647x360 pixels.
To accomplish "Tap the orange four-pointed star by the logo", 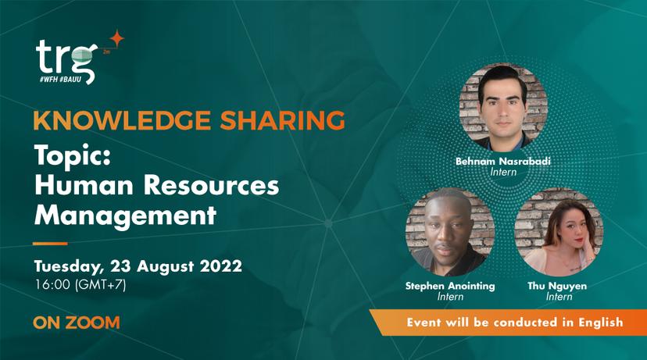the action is tap(116, 39).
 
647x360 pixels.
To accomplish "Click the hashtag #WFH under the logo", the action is tap(48, 79).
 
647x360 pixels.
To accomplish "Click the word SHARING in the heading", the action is tap(282, 120).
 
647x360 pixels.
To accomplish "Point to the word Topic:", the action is tap(73, 156).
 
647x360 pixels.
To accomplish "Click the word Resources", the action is tap(211, 185).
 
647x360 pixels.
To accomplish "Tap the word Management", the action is tap(126, 216).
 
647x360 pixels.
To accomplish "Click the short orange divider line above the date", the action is tap(50, 244).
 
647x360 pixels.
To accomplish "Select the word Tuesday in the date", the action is tap(68, 267).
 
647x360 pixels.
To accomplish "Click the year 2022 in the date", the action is tap(221, 266).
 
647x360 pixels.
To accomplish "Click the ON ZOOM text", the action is tap(77, 323).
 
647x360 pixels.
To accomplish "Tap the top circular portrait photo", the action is tap(503, 108).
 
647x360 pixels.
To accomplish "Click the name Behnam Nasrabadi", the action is tap(503, 161).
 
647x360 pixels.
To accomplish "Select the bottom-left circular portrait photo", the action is tap(450, 232).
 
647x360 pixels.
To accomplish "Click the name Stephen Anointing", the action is tap(450, 286).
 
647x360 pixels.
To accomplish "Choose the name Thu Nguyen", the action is tap(557, 286).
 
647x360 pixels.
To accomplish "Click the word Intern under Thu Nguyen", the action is tap(559, 297).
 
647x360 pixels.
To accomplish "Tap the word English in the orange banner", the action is tap(600, 322).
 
